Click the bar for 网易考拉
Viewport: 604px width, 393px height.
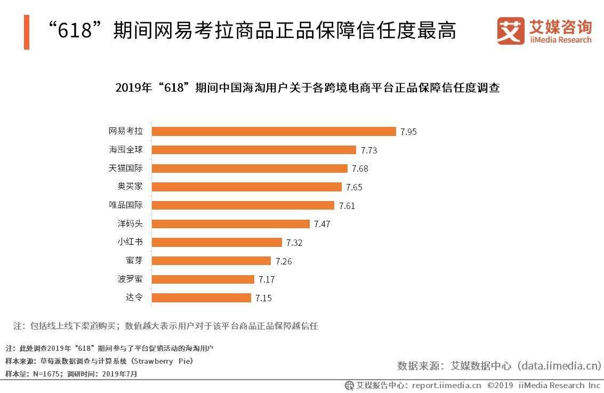(274, 131)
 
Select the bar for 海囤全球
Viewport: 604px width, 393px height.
(254, 150)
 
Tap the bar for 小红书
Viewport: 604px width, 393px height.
(217, 242)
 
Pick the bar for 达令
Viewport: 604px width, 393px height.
(202, 298)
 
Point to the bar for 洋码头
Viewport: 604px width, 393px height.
(231, 224)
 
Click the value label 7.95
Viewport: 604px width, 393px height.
(408, 132)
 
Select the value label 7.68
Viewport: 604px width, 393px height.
(360, 169)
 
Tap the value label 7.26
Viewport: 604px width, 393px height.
(284, 261)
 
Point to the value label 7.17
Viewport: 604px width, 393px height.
(267, 279)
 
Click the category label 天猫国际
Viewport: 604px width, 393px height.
(126, 169)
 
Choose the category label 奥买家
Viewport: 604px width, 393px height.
(130, 187)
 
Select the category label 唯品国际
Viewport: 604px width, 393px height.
(126, 205)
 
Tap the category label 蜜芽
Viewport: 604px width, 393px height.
(134, 261)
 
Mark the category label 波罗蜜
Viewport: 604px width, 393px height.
(130, 279)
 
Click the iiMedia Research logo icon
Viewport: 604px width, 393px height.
(511, 31)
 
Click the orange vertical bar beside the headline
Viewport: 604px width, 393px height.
(27, 32)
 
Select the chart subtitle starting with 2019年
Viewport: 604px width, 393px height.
(307, 88)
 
